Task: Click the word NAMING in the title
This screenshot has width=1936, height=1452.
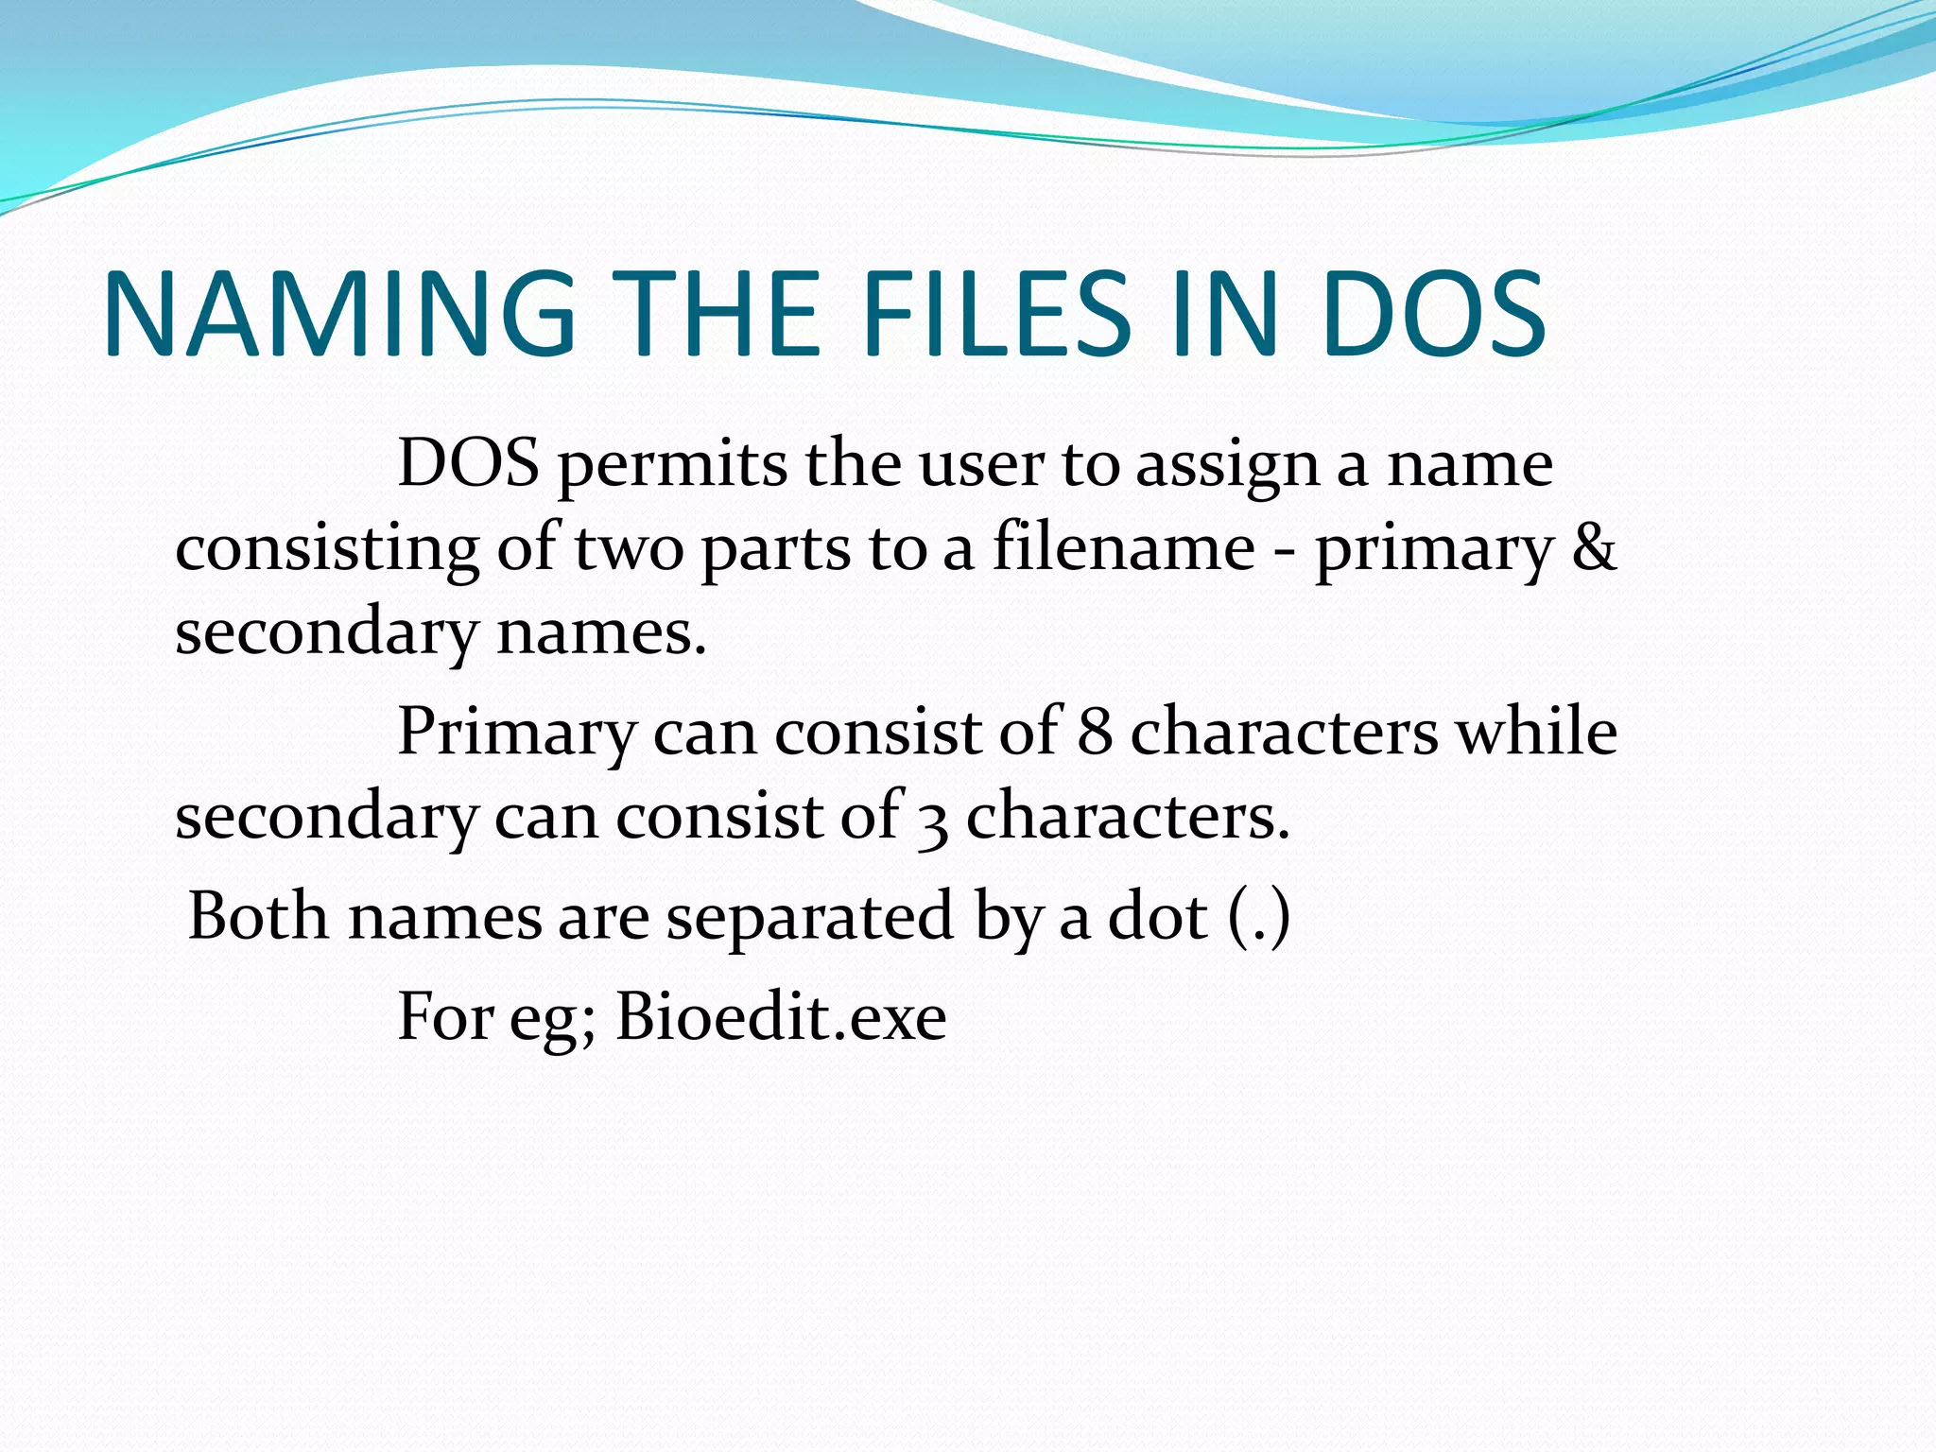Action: (339, 314)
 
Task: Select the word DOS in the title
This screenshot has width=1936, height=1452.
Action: (1433, 314)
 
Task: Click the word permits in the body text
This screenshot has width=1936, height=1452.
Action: (672, 466)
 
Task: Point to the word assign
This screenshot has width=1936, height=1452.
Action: (1227, 466)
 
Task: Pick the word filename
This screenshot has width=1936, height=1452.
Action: (1123, 548)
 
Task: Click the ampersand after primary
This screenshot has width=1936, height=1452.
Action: (1594, 548)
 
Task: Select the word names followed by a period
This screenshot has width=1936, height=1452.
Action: (601, 632)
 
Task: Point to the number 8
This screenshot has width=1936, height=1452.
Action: (1095, 733)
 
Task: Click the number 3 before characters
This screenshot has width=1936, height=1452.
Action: (933, 819)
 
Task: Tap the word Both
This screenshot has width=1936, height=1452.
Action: (258, 916)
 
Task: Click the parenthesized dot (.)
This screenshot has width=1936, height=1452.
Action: (1259, 916)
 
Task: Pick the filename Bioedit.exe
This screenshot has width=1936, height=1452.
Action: (781, 1018)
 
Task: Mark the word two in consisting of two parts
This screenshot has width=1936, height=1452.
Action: (629, 548)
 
